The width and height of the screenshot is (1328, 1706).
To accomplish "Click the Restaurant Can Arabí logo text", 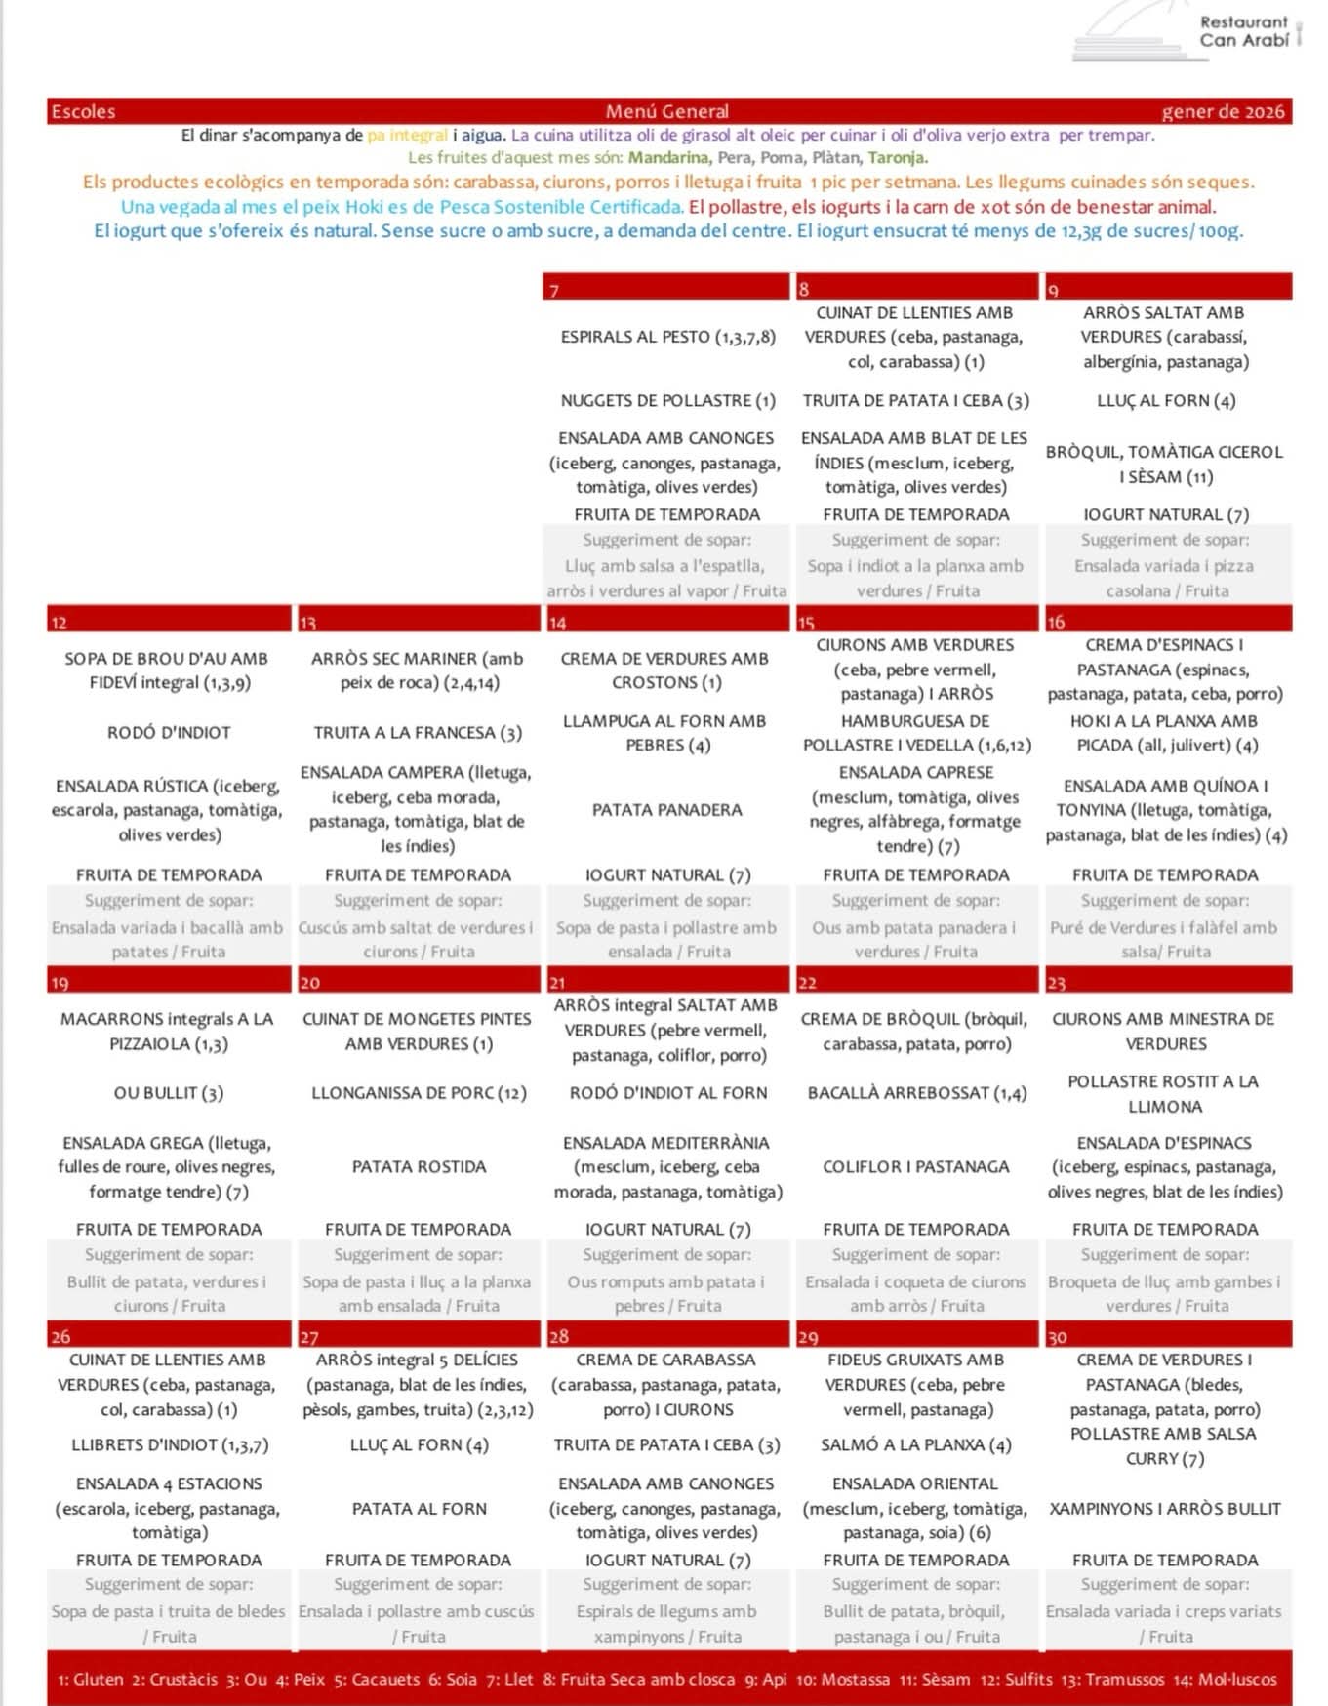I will click(x=1244, y=31).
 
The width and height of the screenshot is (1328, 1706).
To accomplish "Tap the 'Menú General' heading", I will click(x=666, y=111).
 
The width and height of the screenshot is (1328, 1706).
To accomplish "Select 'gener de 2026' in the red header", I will click(x=1223, y=111).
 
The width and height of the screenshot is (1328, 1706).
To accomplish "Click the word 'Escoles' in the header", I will click(x=83, y=111).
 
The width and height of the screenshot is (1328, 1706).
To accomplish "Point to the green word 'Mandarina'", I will click(x=668, y=157).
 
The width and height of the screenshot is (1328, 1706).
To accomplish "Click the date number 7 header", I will click(x=554, y=290).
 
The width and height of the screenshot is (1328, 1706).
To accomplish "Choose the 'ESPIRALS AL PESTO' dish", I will click(x=667, y=337).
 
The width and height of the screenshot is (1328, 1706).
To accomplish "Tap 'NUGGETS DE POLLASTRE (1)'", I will click(x=667, y=400).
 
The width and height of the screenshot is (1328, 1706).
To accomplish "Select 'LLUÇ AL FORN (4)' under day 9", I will click(x=1165, y=400).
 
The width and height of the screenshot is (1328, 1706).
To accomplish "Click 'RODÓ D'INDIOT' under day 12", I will click(x=169, y=732).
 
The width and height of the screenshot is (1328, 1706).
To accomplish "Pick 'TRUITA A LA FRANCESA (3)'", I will click(x=418, y=732).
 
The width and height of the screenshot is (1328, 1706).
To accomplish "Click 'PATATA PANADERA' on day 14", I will click(x=666, y=810).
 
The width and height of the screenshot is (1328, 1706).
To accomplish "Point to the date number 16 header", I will click(x=1056, y=622).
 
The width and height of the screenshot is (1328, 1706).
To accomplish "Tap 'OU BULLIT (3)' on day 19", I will click(x=169, y=1093).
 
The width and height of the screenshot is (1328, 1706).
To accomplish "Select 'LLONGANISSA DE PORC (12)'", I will click(x=419, y=1093).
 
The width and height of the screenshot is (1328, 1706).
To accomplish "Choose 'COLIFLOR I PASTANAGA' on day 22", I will click(x=915, y=1166).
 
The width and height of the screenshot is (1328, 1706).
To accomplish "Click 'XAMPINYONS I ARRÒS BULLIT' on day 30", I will click(x=1165, y=1508).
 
